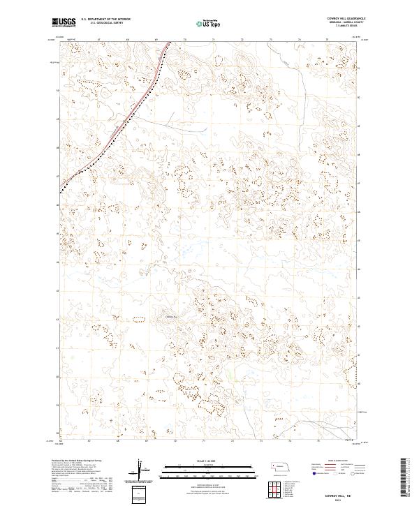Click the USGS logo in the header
(64, 23)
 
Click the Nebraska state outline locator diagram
(280, 467)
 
